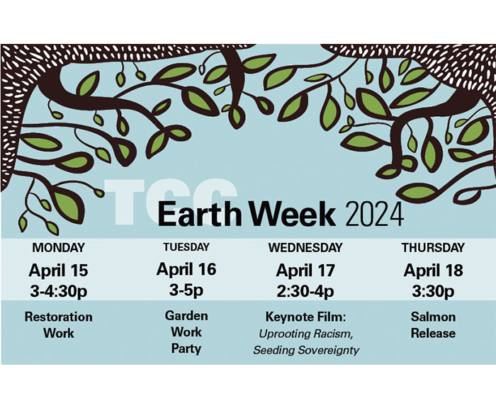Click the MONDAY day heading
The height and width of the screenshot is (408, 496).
pyautogui.click(x=59, y=247)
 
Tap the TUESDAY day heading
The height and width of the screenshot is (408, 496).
pyautogui.click(x=186, y=246)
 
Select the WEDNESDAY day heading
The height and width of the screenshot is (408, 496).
pyautogui.click(x=305, y=247)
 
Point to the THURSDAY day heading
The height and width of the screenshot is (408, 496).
pyautogui.click(x=433, y=247)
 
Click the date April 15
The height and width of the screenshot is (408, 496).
pyautogui.click(x=59, y=271)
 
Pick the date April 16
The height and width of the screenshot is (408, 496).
pyautogui.click(x=186, y=269)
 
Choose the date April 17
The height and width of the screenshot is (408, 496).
pyautogui.click(x=305, y=271)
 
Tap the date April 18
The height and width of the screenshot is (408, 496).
pyautogui.click(x=433, y=271)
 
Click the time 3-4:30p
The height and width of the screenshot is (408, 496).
pyautogui.click(x=59, y=292)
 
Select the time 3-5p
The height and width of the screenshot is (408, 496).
pyautogui.click(x=186, y=290)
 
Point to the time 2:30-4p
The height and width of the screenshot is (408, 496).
pyautogui.click(x=305, y=292)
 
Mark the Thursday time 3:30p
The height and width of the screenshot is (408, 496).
pyautogui.click(x=433, y=292)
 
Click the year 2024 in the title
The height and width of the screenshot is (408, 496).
pyautogui.click(x=375, y=215)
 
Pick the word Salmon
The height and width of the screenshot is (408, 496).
pyautogui.click(x=433, y=317)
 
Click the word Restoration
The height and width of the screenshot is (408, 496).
pyautogui.click(x=59, y=317)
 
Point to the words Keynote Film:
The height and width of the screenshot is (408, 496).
pyautogui.click(x=305, y=317)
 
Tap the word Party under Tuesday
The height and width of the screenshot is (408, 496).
pyautogui.click(x=186, y=348)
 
